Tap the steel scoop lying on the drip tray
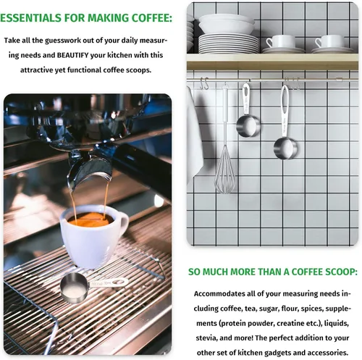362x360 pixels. coord(80,288)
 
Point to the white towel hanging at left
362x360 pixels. coord(194,138)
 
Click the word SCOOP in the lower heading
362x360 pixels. coord(335,272)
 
